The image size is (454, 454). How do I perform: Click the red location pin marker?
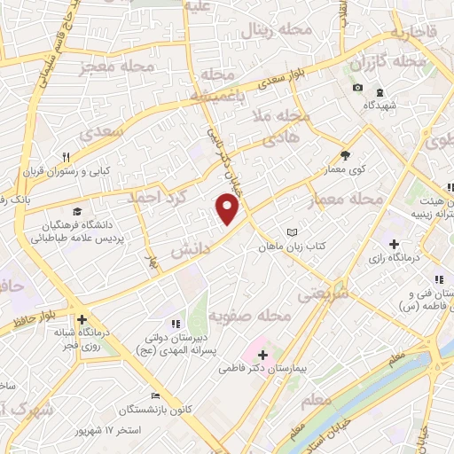[x=228, y=208]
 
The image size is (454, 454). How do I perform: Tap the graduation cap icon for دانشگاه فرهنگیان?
[x=76, y=212]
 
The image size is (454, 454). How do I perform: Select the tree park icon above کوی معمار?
[x=345, y=153]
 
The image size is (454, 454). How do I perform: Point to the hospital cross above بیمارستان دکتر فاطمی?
[x=262, y=355]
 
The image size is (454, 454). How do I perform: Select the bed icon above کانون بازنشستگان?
[x=156, y=396]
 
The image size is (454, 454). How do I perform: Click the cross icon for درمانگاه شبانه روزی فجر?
[x=82, y=320]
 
